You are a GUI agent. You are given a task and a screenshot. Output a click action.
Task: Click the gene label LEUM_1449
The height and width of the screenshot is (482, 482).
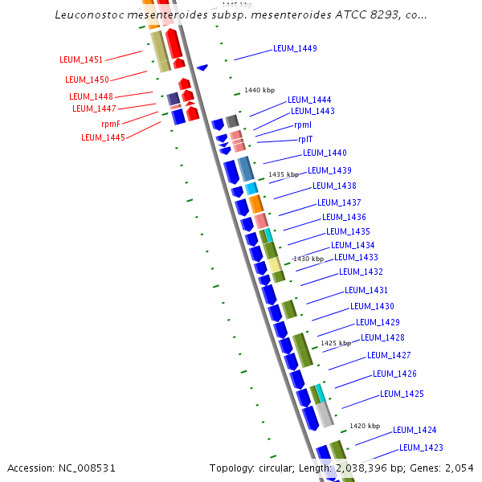[x=295, y=48]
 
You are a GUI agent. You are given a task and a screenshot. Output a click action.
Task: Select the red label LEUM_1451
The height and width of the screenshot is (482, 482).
[x=81, y=59]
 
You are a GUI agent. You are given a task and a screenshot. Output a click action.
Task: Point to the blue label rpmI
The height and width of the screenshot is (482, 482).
[x=303, y=125]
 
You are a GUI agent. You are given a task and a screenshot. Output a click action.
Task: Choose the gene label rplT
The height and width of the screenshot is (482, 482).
[x=304, y=139]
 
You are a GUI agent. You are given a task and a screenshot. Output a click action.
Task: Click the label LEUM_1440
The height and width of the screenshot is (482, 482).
[x=325, y=153]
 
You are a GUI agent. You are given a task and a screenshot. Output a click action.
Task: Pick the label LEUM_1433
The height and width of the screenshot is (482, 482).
[x=356, y=257]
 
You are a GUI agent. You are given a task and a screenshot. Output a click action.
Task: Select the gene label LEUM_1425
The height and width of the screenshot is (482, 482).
[x=402, y=394]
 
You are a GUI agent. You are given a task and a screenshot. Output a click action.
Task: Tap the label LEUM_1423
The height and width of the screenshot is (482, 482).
[x=421, y=447]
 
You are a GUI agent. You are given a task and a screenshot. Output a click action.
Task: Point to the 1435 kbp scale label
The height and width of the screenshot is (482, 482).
[x=284, y=174]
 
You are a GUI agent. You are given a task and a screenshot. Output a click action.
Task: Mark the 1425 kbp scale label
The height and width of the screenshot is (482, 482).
[x=336, y=343]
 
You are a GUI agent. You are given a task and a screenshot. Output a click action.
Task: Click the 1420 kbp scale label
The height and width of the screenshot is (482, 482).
[x=364, y=426]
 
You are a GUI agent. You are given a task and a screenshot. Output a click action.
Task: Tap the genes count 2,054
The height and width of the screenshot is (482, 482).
[x=459, y=468]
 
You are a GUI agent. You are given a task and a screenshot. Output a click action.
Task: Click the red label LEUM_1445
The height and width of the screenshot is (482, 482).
[x=103, y=137]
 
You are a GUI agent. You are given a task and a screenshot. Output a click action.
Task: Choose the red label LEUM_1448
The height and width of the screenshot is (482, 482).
[x=91, y=96]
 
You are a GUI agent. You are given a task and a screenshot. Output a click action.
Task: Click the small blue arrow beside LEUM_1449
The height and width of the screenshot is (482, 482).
[x=202, y=67]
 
